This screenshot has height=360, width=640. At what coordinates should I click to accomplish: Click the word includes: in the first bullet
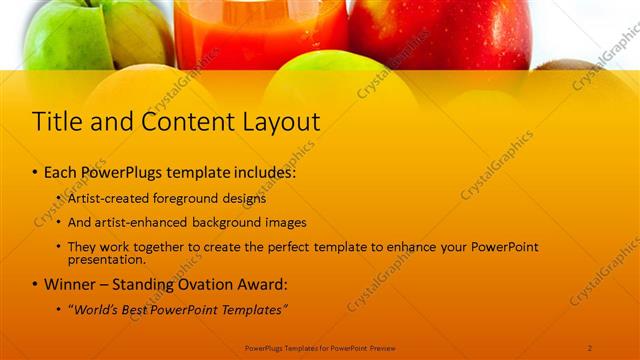pos(263,172)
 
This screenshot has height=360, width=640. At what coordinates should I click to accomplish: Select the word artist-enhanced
pos(142,222)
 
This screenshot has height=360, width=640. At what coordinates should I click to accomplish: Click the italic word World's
pos(96,309)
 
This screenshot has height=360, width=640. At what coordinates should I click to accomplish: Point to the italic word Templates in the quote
pos(252,309)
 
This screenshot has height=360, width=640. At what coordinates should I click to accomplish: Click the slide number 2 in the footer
pos(590,347)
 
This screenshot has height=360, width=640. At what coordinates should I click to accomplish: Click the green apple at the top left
pos(60,35)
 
